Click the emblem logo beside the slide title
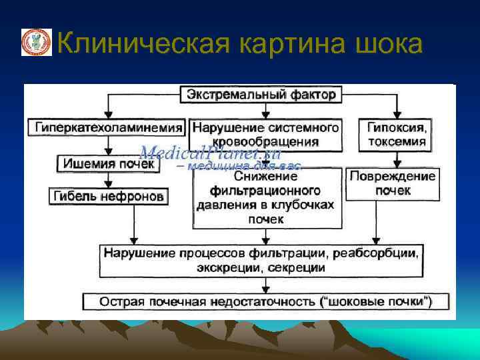click(36, 42)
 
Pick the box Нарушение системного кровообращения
click(266, 134)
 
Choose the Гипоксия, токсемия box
click(397, 134)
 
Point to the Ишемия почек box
click(109, 163)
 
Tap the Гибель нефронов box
click(109, 196)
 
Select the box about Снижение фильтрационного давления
click(265, 198)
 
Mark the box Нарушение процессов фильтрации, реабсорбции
click(261, 260)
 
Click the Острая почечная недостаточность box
click(265, 301)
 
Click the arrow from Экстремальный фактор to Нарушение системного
click(266, 110)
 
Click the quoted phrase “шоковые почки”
click(376, 301)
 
